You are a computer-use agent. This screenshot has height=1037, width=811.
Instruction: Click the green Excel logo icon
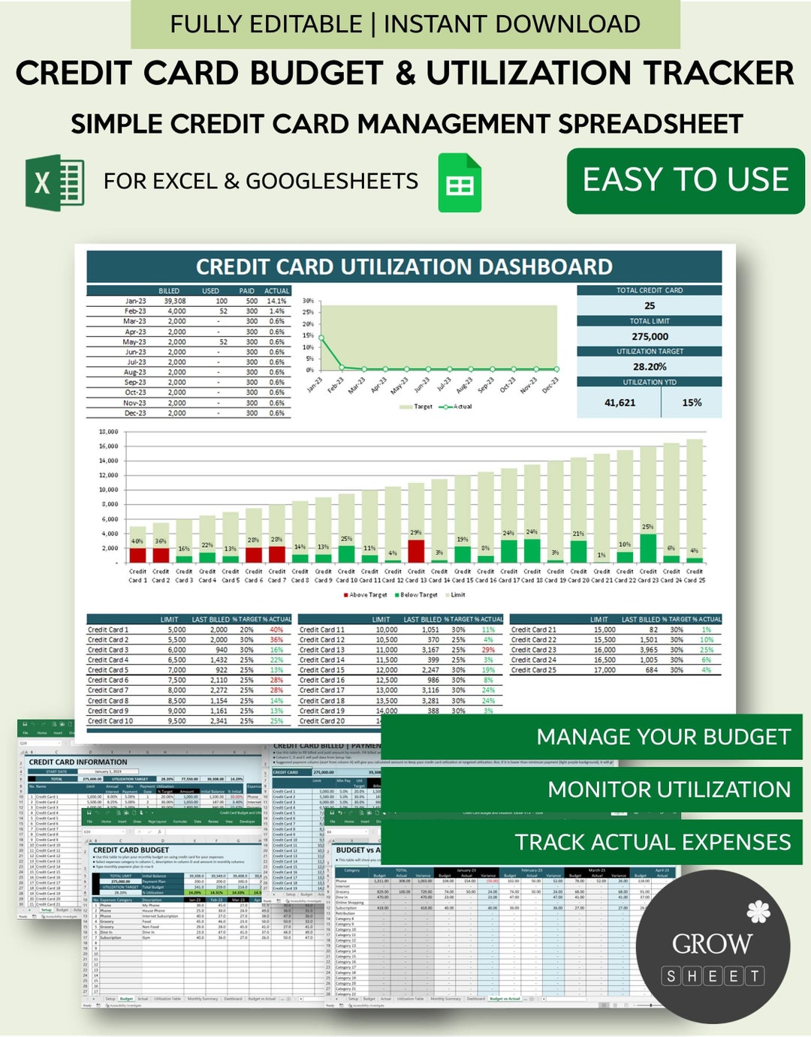point(55,182)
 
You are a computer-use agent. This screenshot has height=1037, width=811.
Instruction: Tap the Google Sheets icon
point(460,182)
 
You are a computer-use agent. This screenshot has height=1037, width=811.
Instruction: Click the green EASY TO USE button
point(686,180)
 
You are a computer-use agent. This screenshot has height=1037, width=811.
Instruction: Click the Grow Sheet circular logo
point(713,946)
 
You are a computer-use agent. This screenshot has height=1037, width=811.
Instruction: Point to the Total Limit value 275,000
point(650,337)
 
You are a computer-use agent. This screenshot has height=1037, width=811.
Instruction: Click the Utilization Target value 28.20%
point(650,367)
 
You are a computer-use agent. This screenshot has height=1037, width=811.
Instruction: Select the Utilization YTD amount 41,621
point(620,403)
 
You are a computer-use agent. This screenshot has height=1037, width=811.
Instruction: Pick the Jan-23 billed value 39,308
point(174,301)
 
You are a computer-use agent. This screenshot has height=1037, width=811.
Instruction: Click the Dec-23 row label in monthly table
point(135,413)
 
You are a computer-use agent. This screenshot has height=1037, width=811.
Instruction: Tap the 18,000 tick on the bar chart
point(108,432)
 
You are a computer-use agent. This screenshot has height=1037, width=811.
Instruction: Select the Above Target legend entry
point(366,595)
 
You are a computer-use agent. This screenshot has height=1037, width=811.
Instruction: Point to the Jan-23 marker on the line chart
point(321,338)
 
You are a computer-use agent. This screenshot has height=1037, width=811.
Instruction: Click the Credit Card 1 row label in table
point(108,630)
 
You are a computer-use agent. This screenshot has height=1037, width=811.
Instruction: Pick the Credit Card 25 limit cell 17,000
point(604,670)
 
